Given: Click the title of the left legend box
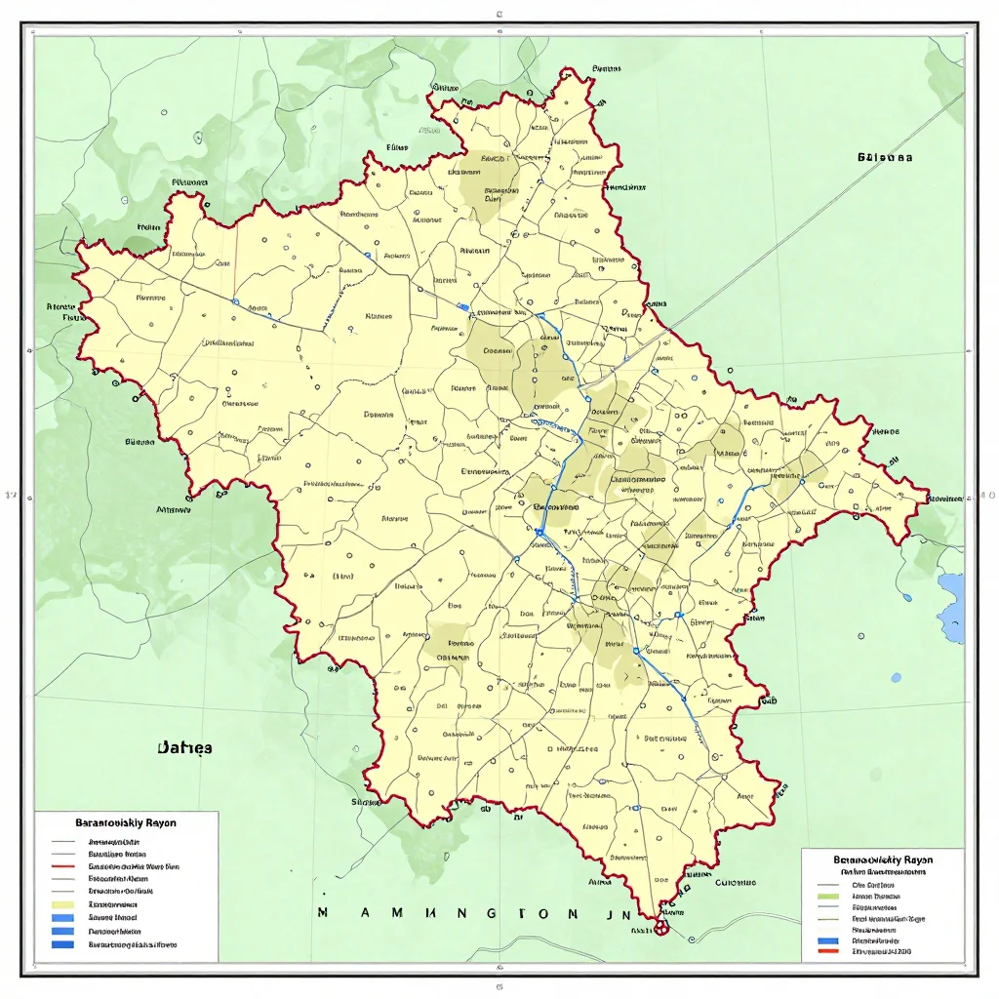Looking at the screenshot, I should click(128, 823).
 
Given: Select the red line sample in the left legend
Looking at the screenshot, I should click(63, 866).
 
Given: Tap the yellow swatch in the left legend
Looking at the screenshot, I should click(63, 904).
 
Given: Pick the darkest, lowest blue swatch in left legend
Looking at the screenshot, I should click(63, 943).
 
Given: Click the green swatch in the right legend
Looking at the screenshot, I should click(829, 894).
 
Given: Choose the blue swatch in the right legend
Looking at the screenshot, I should click(829, 940).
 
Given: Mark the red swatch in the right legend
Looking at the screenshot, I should click(829, 950).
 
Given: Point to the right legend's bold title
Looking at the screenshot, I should click(883, 859).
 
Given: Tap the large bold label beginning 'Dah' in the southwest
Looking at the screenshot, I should click(184, 748).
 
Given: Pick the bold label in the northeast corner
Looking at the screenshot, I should click(885, 156).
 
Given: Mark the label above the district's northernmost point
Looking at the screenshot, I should click(606, 69).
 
